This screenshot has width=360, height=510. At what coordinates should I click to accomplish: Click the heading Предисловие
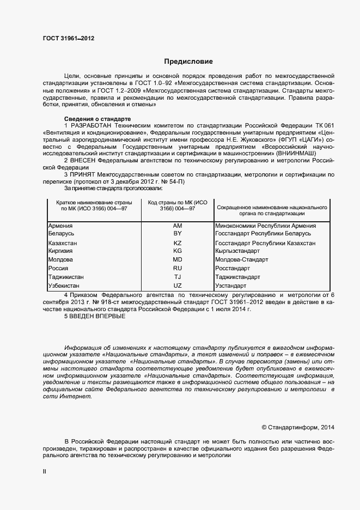click(188, 62)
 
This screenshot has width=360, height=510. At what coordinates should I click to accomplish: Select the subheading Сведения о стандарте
click(97, 119)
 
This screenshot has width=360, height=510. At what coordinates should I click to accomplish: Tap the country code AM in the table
click(178, 226)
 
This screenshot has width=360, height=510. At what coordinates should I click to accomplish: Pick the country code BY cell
click(178, 233)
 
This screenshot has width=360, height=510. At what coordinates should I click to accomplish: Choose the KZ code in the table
click(178, 243)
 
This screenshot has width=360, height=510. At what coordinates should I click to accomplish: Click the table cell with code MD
click(178, 260)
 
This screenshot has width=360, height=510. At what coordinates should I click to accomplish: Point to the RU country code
click(178, 269)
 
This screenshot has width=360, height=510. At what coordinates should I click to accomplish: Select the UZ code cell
click(178, 286)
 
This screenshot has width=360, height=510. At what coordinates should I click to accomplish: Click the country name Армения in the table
click(60, 226)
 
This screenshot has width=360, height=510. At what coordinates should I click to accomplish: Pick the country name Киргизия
click(61, 251)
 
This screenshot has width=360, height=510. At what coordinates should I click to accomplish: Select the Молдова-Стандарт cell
click(242, 260)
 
